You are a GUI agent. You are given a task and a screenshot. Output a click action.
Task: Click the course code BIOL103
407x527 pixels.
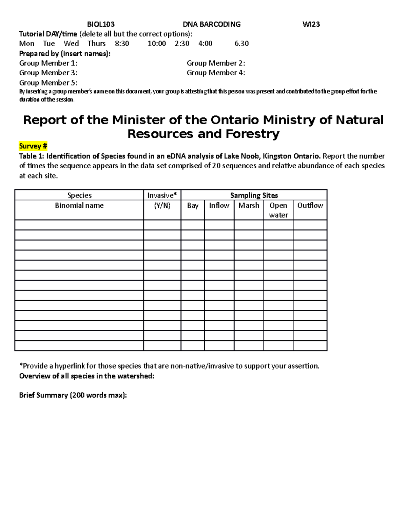101,24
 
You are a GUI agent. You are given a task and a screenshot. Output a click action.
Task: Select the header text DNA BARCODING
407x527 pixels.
212,24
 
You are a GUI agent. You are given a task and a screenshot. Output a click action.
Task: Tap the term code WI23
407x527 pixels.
311,24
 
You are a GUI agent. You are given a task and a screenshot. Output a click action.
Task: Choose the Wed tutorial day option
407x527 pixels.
71,43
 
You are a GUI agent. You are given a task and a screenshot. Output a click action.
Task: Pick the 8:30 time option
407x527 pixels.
122,43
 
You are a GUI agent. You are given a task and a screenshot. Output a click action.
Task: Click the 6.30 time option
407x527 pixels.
241,43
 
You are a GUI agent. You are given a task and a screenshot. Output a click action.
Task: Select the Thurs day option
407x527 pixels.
96,43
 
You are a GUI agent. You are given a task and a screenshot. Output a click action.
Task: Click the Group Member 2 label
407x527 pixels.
216,63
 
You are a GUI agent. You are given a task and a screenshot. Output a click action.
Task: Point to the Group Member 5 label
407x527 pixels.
48,83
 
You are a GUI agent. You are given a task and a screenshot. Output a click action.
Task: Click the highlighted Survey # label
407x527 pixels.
33,146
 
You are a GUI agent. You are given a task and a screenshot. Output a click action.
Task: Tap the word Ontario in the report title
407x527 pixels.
235,120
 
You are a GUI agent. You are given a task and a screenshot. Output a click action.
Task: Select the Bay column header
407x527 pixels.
193,206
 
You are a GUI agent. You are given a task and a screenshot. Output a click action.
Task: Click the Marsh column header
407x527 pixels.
249,206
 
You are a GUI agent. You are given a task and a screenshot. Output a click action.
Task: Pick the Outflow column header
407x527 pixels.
310,206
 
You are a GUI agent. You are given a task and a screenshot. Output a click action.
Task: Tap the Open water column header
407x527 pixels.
278,210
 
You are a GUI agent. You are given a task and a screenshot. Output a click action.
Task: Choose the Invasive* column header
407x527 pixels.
162,195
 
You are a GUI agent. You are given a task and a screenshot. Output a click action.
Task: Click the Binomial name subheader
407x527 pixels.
79,206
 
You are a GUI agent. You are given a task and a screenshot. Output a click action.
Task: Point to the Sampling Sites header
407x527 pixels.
254,195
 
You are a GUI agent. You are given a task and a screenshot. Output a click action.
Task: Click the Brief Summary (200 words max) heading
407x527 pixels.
73,395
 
